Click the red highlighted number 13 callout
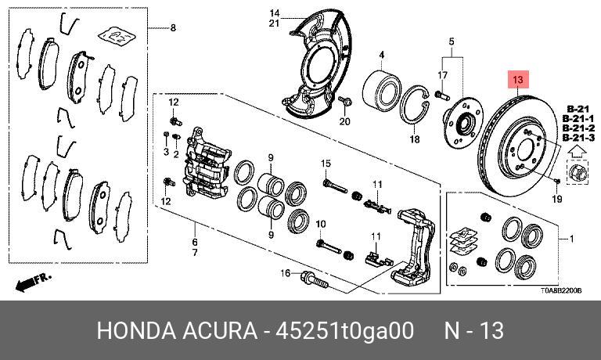pyautogui.click(x=518, y=79)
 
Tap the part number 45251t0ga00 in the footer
pyautogui.click(x=344, y=330)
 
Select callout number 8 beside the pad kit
pyautogui.click(x=173, y=27)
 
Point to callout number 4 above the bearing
pyautogui.click(x=382, y=56)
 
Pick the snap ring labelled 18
pyautogui.click(x=415, y=105)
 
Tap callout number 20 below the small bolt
pyautogui.click(x=345, y=121)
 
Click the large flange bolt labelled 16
pyautogui.click(x=315, y=279)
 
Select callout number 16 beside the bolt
pyautogui.click(x=286, y=273)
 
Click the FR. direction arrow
pyautogui.click(x=33, y=283)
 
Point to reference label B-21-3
pyautogui.click(x=578, y=138)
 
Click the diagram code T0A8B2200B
pyautogui.click(x=561, y=291)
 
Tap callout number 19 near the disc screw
pyautogui.click(x=557, y=199)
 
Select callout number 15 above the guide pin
pyautogui.click(x=326, y=164)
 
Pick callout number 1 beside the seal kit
pyautogui.click(x=571, y=239)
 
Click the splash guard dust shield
pyautogui.click(x=319, y=63)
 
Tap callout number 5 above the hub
pyautogui.click(x=452, y=41)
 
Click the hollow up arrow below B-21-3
pyautogui.click(x=578, y=152)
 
